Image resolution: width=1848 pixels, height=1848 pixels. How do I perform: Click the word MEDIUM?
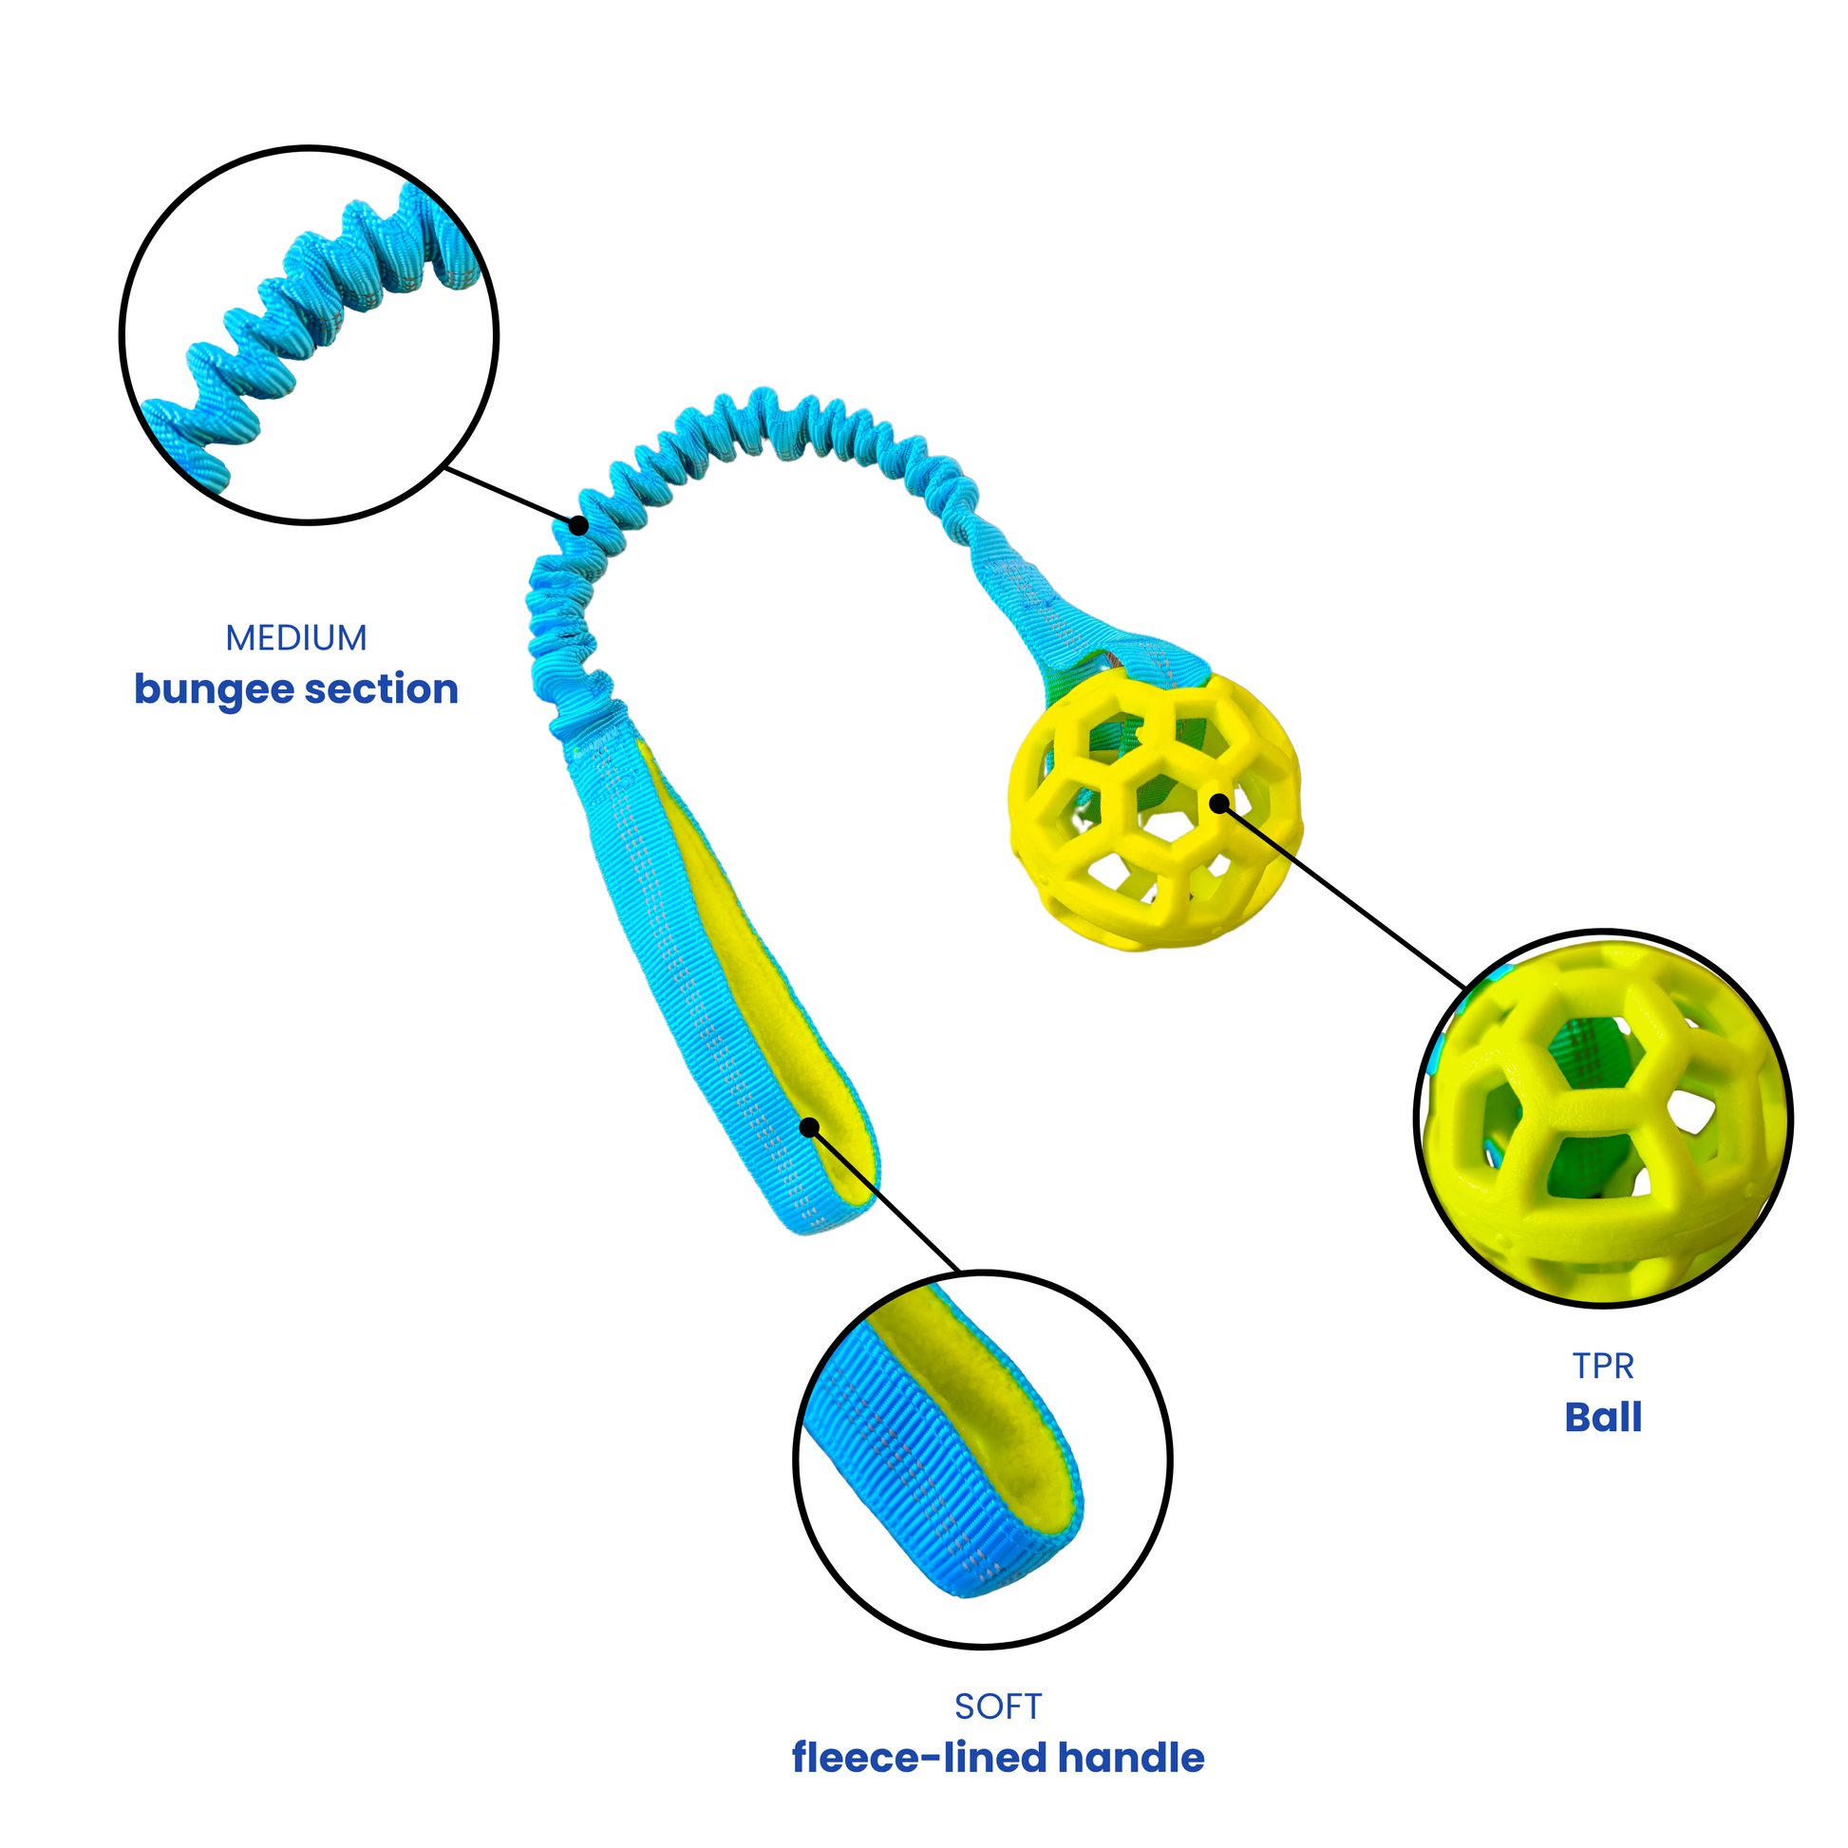coord(295,638)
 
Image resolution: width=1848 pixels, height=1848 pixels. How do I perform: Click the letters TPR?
coord(1603,1366)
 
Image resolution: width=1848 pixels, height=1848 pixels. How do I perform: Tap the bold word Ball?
coord(1603,1418)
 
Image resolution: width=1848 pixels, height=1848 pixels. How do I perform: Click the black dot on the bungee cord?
coord(577,525)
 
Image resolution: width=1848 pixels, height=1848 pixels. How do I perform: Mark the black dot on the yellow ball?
coord(1218,803)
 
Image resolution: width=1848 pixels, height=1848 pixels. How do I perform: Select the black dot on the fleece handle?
coord(809,1128)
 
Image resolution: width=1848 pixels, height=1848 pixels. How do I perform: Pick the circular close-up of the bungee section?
coord(309,335)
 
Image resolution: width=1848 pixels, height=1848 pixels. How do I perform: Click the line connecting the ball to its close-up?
coord(1339,896)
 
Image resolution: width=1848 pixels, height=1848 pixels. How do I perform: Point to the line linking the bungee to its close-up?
coord(512,497)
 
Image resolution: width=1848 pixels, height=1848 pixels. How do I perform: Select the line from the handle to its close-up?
coord(885,1199)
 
